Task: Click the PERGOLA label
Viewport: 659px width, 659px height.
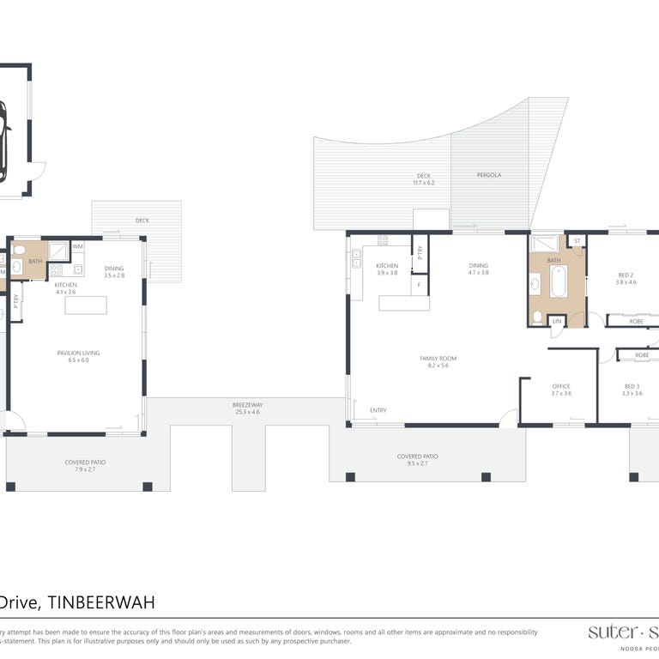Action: tap(489, 175)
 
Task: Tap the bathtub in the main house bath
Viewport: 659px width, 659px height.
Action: tap(558, 281)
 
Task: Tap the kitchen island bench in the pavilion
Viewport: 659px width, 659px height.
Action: tap(86, 305)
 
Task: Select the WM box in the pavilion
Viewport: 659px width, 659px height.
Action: tap(78, 247)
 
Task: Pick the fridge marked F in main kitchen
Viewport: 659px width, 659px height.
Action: tap(420, 285)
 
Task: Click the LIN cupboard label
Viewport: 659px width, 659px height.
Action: tap(557, 321)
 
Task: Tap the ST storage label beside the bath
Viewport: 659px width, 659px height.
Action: tap(577, 241)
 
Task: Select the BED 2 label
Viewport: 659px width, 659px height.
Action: tap(626, 275)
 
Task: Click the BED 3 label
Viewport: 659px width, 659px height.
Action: tap(632, 387)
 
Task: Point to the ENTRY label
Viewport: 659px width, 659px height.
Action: tap(378, 410)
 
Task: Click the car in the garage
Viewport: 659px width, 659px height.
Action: tap(3, 142)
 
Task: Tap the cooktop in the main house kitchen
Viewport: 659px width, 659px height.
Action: tap(382, 241)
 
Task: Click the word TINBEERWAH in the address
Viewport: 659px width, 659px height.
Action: tap(101, 603)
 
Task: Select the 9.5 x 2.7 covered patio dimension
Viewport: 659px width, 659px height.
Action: tap(418, 463)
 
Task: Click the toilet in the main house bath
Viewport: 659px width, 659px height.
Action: tap(538, 317)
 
